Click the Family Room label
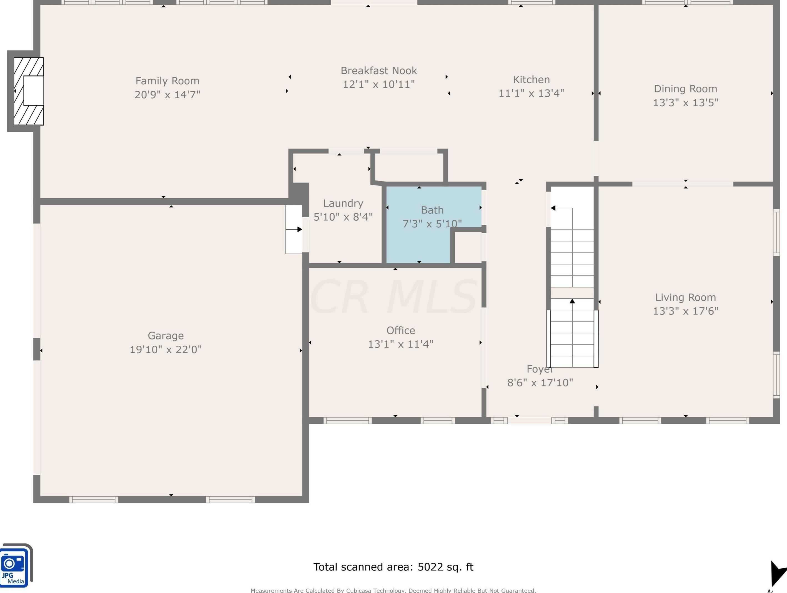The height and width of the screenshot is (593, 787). click(x=167, y=81)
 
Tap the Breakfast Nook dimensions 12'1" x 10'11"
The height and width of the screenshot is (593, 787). click(x=379, y=84)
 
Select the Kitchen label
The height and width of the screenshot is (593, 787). click(x=531, y=79)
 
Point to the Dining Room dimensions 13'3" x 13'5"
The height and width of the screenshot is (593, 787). click(x=686, y=102)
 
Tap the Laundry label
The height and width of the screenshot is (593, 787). click(x=343, y=203)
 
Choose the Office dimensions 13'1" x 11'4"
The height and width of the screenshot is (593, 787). click(x=401, y=344)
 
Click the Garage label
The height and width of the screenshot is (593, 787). click(x=166, y=336)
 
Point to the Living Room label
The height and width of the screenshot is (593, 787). click(x=686, y=297)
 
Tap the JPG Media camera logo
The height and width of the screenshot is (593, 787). click(x=16, y=566)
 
